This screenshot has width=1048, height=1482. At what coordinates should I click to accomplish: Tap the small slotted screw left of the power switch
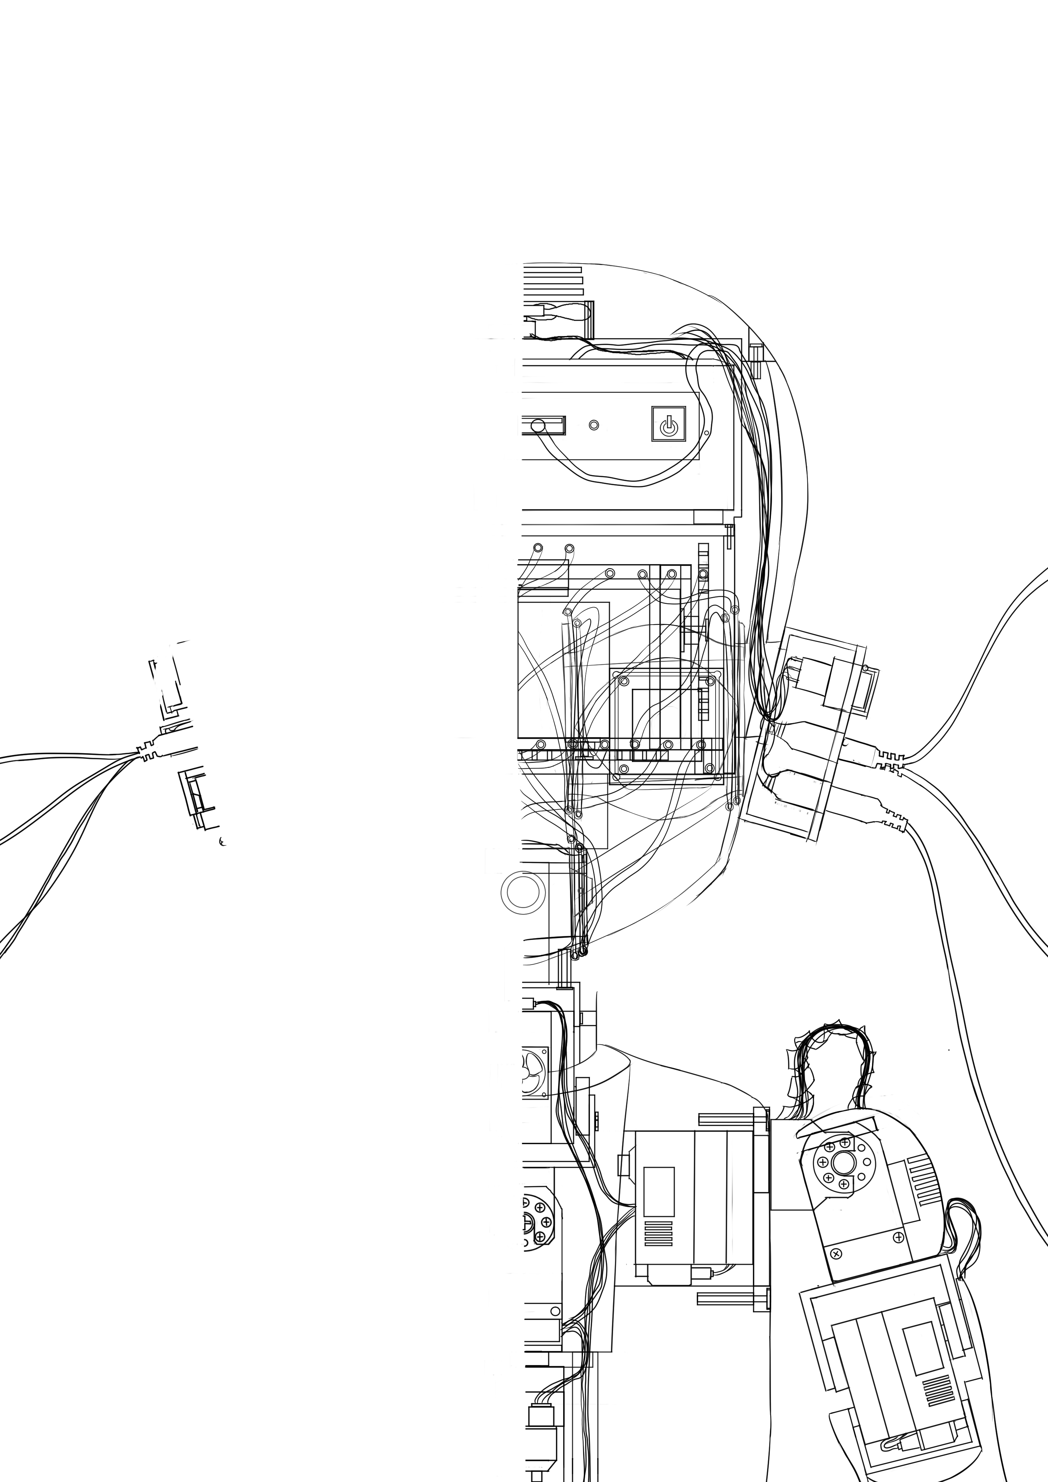594,425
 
